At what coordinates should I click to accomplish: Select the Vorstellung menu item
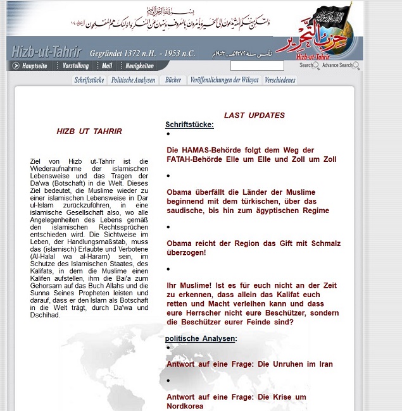tap(75, 66)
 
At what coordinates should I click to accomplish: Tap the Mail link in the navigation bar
tap(106, 66)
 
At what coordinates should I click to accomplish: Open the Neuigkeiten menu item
tap(139, 66)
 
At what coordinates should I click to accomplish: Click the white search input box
tap(257, 66)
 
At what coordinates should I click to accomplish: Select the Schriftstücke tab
tap(89, 80)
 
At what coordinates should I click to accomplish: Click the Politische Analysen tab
tap(133, 80)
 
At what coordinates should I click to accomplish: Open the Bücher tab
tap(173, 80)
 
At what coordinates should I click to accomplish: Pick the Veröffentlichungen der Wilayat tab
tap(224, 80)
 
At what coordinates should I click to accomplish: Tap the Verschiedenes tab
tap(280, 80)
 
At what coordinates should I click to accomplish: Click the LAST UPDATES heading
tap(254, 115)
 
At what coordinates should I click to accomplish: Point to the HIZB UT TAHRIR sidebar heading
tap(89, 132)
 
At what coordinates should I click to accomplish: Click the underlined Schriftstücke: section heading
tap(189, 125)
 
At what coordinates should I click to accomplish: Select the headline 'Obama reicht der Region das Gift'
tap(253, 248)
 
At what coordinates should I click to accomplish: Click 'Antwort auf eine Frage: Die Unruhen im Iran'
tap(249, 364)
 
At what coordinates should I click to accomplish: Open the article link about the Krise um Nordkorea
tap(236, 402)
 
